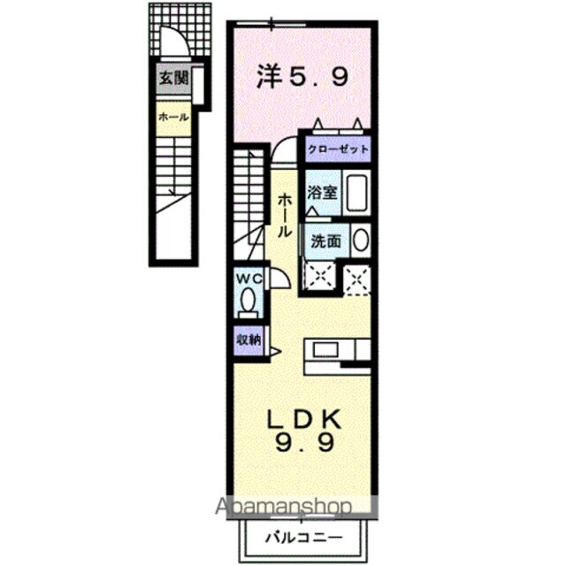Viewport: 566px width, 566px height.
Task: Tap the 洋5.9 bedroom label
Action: tap(302, 77)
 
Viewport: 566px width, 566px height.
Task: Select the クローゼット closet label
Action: tap(339, 149)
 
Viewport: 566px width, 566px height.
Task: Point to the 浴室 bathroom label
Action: tap(319, 192)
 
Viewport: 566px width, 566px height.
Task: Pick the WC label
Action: tap(249, 279)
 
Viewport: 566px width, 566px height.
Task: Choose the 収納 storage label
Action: tap(249, 339)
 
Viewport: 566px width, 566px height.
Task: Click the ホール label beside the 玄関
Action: tap(173, 116)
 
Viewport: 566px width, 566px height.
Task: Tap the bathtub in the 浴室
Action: tap(356, 192)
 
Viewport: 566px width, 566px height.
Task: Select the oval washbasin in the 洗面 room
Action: tap(361, 240)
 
